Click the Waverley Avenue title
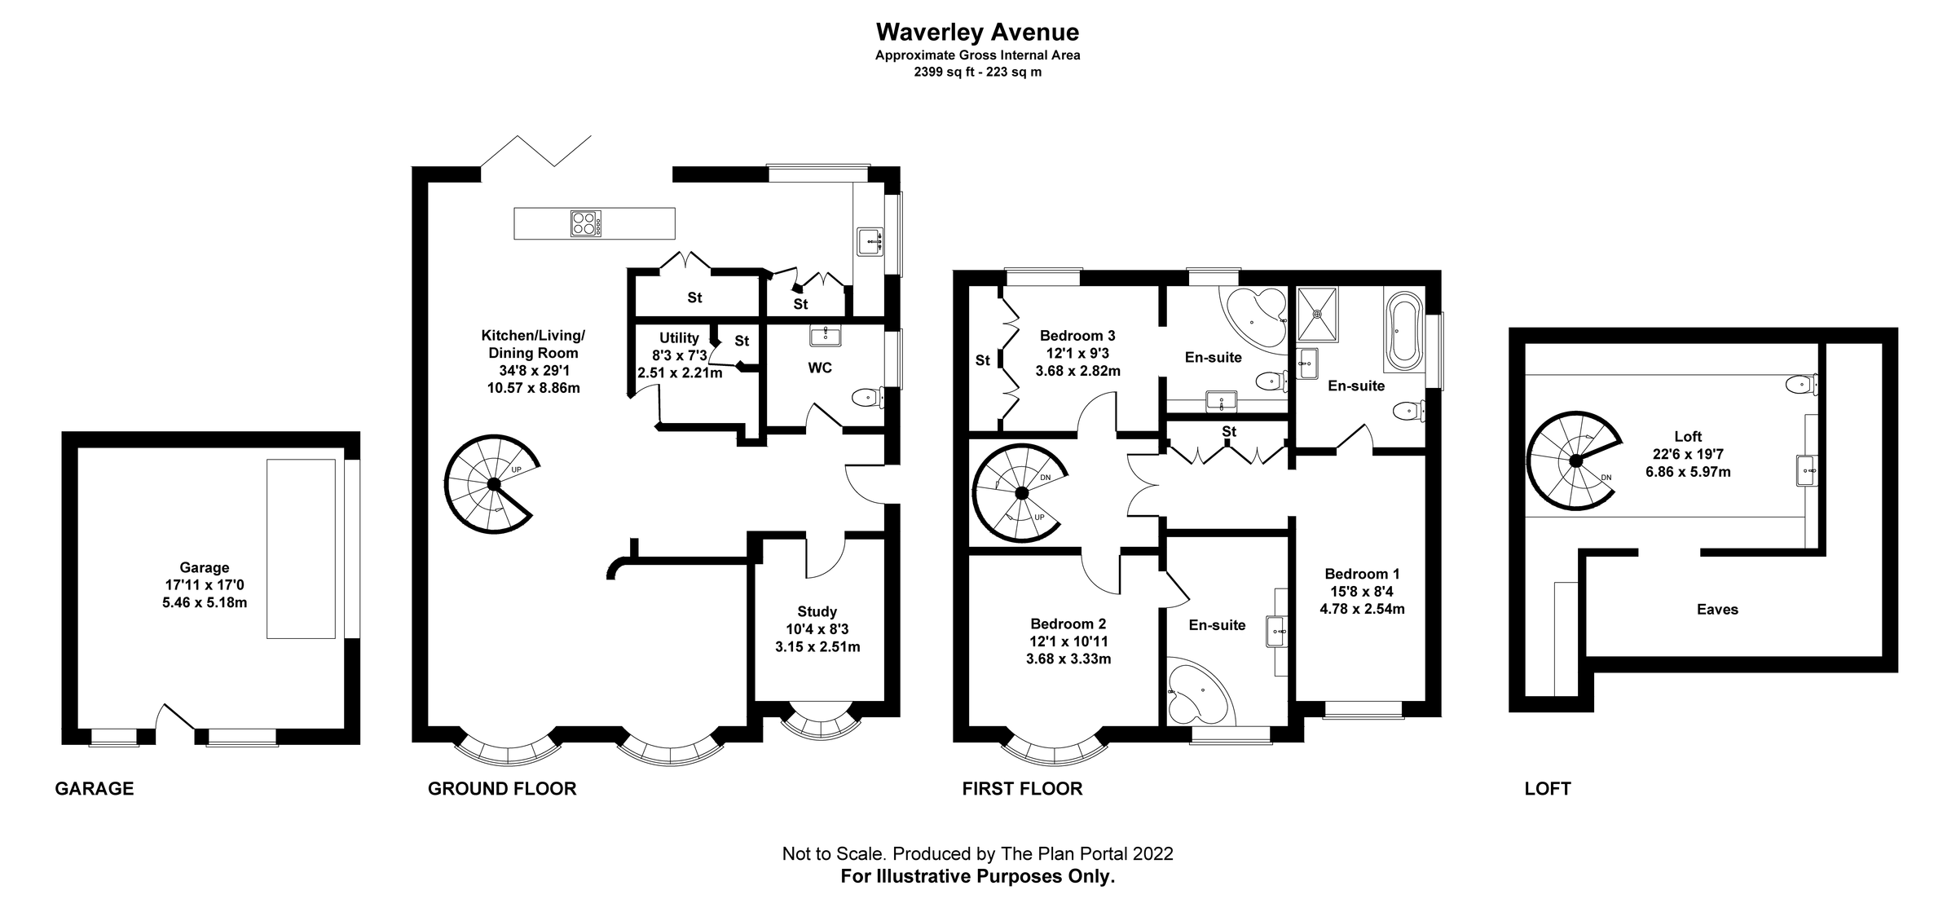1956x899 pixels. pyautogui.click(x=977, y=32)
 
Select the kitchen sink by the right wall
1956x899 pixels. pyautogui.click(x=870, y=241)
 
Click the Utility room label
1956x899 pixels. pyautogui.click(x=679, y=338)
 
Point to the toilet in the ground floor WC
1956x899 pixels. pyautogui.click(x=866, y=398)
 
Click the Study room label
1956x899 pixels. pyautogui.click(x=817, y=611)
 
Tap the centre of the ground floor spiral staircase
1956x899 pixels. pyautogui.click(x=493, y=484)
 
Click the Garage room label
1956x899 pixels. pyautogui.click(x=205, y=567)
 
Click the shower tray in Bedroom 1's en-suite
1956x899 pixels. pyautogui.click(x=1317, y=314)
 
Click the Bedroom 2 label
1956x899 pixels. pyautogui.click(x=1068, y=624)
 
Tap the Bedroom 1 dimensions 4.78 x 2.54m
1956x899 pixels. pyautogui.click(x=1362, y=609)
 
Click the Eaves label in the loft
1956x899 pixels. pyautogui.click(x=1717, y=609)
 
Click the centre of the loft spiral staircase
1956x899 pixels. pyautogui.click(x=1576, y=461)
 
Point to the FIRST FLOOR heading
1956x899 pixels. pyautogui.click(x=1022, y=788)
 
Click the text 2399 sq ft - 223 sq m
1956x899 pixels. pyautogui.click(x=977, y=72)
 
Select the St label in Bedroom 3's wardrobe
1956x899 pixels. pyautogui.click(x=983, y=360)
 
